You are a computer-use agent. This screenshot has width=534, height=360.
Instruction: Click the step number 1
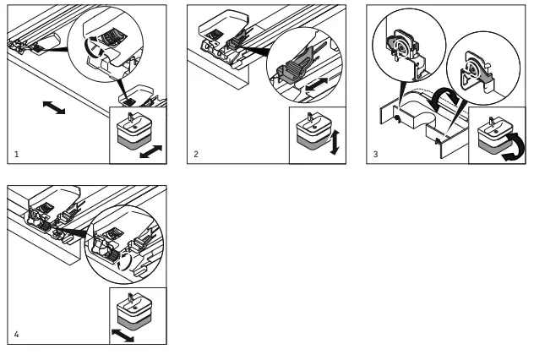click(x=17, y=155)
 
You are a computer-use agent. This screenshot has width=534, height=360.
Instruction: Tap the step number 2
click(x=196, y=155)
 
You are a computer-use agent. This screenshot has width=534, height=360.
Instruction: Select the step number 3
click(x=376, y=155)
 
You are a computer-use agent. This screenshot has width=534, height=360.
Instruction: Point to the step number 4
click(x=17, y=335)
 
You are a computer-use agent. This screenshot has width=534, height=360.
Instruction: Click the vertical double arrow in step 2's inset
click(x=334, y=141)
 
